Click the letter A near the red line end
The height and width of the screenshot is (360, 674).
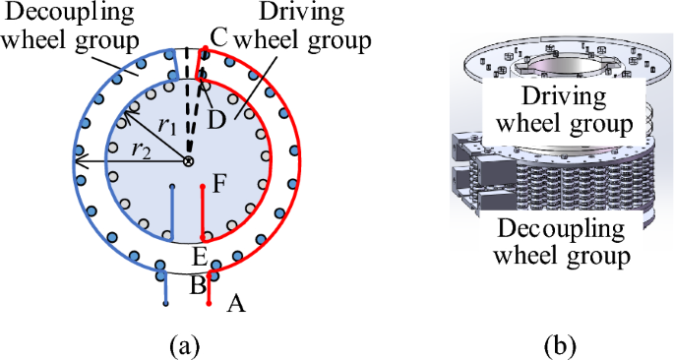[x=235, y=304]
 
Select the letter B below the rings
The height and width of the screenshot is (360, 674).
[x=197, y=285]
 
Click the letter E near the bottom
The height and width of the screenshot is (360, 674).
[x=199, y=258]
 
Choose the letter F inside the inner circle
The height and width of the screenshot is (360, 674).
[x=219, y=182]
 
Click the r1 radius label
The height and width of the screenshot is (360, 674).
[x=167, y=127]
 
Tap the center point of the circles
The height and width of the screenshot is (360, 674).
[x=189, y=160]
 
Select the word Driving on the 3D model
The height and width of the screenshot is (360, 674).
[x=564, y=98]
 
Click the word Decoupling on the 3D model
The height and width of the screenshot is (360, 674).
[x=562, y=231]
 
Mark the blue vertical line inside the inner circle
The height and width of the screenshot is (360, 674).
[x=171, y=211]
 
